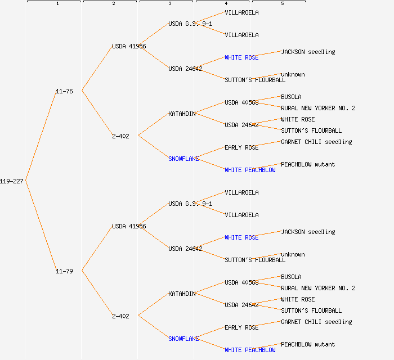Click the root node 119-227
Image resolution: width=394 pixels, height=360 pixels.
pos(12,181)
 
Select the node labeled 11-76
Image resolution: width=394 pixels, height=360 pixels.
pos(64,91)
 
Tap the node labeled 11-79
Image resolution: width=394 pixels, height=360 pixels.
pos(64,271)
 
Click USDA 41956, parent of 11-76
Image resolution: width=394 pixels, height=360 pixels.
pos(129,46)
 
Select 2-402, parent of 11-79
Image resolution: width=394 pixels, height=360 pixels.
pos(120,316)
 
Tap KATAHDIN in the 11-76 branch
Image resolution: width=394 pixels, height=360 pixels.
pos(182,114)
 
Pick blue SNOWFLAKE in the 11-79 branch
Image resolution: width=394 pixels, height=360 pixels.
pos(183,339)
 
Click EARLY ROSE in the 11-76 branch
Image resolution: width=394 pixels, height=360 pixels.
pos(241,147)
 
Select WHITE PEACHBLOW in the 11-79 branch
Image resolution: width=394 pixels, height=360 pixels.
pos(250,350)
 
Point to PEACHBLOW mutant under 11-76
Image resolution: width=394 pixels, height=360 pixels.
pos(308,164)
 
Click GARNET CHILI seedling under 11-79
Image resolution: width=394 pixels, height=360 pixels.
pos(316,322)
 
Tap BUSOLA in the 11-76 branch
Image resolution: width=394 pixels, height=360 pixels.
pos(291,97)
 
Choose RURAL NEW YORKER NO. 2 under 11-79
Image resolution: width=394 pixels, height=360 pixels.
pos(318,288)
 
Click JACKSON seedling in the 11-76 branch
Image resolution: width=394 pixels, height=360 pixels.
pos(308,52)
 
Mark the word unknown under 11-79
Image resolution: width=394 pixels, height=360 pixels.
pos(293,254)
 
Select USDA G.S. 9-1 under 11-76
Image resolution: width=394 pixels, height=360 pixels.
pos(190,24)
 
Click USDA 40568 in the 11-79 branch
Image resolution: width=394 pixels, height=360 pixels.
pos(241,282)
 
